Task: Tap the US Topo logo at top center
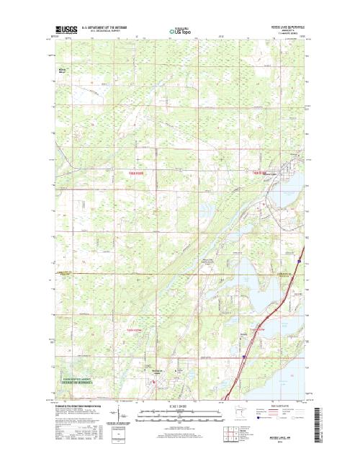pyautogui.click(x=181, y=31)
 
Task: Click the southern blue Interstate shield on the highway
pyautogui.click(x=243, y=356)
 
